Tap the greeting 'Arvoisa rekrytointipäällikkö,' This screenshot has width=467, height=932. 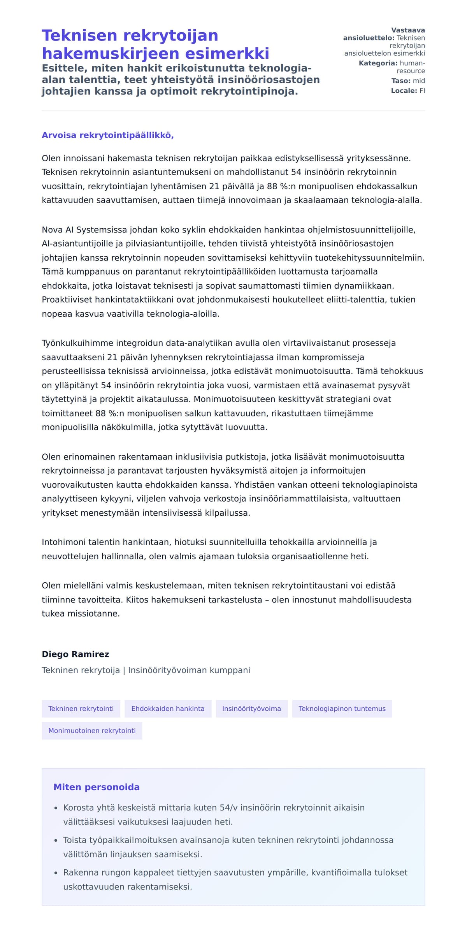(108, 135)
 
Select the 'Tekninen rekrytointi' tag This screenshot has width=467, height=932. (81, 708)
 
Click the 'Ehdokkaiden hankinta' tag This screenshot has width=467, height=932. (168, 708)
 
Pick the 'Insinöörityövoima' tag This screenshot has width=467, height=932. (251, 708)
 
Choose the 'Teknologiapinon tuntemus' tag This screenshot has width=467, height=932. (342, 708)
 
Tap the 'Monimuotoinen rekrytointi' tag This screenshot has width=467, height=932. (92, 730)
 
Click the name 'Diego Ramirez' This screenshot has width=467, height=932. (75, 654)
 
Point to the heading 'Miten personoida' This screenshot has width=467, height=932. (97, 787)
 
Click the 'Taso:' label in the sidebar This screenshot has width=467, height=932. (401, 81)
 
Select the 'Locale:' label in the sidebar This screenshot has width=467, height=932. (404, 91)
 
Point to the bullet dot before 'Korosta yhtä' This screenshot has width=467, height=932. (56, 808)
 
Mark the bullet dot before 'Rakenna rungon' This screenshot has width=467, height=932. (56, 873)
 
